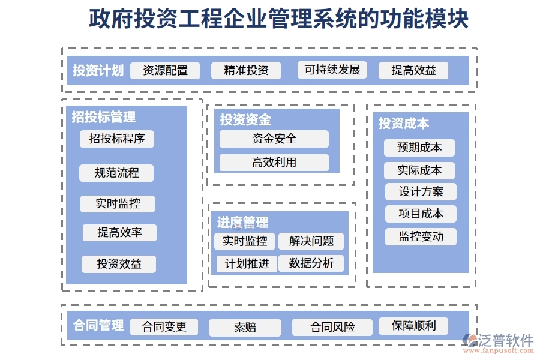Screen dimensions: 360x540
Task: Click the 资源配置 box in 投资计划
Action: click(165, 71)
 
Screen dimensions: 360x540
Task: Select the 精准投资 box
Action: click(246, 71)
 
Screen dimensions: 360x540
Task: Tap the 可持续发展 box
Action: click(332, 70)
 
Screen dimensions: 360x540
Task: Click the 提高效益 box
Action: click(413, 71)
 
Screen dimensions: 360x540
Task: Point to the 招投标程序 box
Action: click(117, 139)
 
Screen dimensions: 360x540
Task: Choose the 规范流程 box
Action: click(116, 173)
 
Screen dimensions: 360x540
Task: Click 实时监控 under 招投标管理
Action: click(118, 204)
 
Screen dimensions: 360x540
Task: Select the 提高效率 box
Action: click(119, 233)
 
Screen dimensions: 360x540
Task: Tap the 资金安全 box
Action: click(274, 139)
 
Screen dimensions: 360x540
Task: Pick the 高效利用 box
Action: click(274, 163)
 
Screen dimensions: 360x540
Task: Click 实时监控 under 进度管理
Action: click(245, 241)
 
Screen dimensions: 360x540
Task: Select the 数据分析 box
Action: click(311, 263)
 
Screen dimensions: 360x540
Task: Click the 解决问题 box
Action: click(311, 241)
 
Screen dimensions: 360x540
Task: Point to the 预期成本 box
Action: click(419, 148)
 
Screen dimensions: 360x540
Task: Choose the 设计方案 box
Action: click(421, 192)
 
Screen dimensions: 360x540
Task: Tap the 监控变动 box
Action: click(421, 236)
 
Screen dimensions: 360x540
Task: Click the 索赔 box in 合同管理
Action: click(245, 328)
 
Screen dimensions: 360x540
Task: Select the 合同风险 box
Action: click(332, 328)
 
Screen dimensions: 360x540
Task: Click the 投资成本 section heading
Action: click(403, 124)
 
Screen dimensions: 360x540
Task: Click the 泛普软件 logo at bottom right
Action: click(499, 342)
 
